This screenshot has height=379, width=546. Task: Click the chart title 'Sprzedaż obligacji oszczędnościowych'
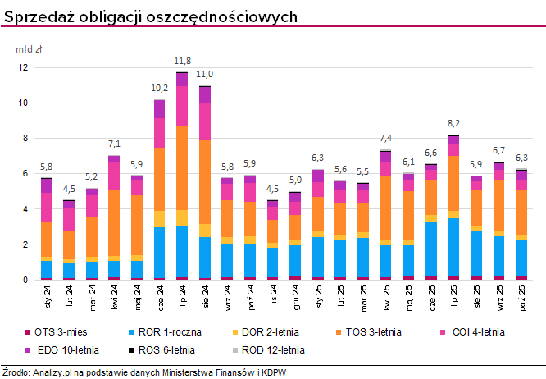(151, 16)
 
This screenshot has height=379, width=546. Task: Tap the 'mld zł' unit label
(30, 49)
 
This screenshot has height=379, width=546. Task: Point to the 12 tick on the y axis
(24, 67)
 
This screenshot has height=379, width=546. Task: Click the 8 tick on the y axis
(25, 138)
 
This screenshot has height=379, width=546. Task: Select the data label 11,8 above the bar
(182, 61)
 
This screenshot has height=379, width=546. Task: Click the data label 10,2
(160, 88)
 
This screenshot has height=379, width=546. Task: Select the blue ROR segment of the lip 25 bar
(475, 247)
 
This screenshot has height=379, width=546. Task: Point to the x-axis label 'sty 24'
(48, 295)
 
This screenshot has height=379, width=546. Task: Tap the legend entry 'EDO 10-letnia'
(67, 349)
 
